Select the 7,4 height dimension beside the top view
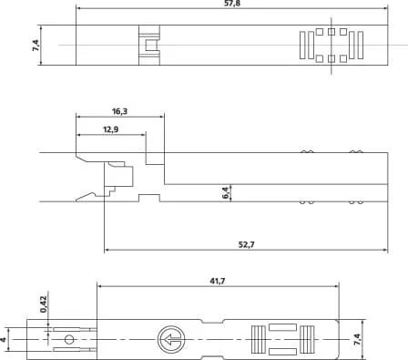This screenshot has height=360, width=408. click(36, 45)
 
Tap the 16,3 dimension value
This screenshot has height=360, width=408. click(120, 110)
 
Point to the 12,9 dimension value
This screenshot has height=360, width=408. click(109, 130)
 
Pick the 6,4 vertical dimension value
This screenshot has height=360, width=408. click(225, 192)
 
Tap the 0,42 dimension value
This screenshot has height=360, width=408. click(43, 303)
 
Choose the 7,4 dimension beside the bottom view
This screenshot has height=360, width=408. click(356, 339)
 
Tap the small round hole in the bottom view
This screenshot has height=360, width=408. click(68, 340)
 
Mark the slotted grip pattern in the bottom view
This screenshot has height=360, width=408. click(281, 339)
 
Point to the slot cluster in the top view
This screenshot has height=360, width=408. click(331, 46)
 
